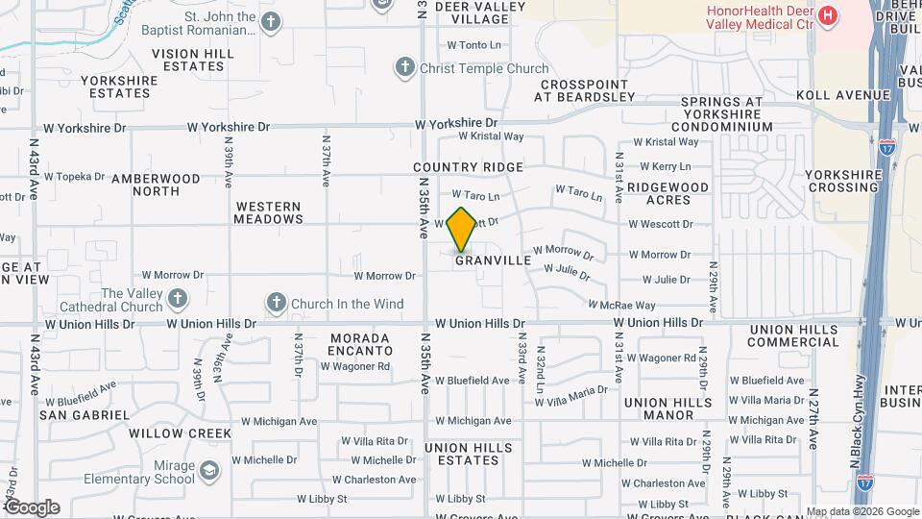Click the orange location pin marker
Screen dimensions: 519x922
click(x=462, y=230)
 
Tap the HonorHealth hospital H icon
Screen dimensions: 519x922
click(x=826, y=16)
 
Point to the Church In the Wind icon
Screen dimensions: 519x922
click(x=277, y=304)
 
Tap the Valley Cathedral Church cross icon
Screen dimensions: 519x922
click(x=177, y=300)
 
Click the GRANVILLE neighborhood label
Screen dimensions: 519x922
click(x=493, y=260)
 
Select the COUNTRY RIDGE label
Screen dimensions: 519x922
click(x=469, y=167)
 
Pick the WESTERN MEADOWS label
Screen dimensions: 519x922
click(x=268, y=212)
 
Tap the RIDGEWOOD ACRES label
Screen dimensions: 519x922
click(x=669, y=193)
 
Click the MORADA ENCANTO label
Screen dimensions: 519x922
click(x=360, y=344)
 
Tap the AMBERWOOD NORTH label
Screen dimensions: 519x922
click(x=156, y=185)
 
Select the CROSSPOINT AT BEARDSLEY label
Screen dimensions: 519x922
click(x=585, y=90)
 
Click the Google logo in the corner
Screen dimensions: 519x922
click(x=31, y=507)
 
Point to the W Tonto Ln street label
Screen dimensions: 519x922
click(x=474, y=45)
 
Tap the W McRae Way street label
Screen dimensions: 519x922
click(x=627, y=305)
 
